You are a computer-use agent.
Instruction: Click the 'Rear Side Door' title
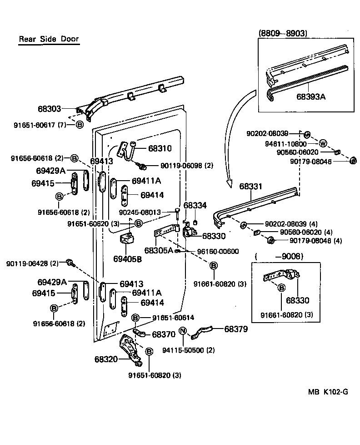click(49, 39)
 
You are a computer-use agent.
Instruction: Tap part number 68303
click(49, 109)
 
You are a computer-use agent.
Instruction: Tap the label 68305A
click(159, 250)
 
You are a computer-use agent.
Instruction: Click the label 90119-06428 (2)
click(32, 263)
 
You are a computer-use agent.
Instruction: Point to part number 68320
click(106, 359)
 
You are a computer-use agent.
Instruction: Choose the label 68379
click(235, 329)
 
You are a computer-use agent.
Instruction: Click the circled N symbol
click(182, 330)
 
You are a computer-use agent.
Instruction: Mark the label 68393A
click(311, 96)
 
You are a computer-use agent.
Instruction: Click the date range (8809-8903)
click(283, 33)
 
